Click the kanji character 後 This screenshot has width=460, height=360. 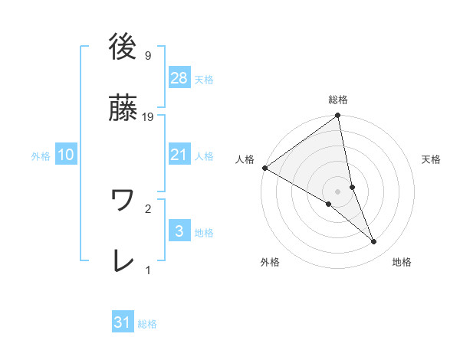click(123, 47)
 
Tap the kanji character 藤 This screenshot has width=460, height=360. click(123, 108)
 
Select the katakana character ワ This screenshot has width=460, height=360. click(123, 200)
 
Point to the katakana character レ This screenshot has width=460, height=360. click(123, 261)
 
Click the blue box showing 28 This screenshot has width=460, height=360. click(179, 77)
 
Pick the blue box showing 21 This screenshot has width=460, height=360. click(179, 154)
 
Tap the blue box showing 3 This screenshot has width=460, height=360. click(179, 231)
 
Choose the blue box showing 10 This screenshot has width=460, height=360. click(66, 154)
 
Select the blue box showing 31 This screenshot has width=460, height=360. click(123, 322)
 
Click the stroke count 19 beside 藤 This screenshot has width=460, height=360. click(149, 117)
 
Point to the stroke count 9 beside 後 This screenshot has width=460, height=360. click(148, 56)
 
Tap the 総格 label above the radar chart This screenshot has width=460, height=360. click(338, 100)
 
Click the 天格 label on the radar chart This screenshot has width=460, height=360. click(431, 159)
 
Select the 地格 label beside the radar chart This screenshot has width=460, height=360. click(402, 262)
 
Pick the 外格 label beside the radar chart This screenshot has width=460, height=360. click(270, 262)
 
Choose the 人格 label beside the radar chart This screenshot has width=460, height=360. click(245, 159)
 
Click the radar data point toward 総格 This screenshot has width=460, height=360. click(337, 116)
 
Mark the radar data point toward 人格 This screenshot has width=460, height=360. click(264, 168)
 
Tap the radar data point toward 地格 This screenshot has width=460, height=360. click(374, 242)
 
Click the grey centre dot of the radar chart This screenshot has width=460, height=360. click(338, 191)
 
